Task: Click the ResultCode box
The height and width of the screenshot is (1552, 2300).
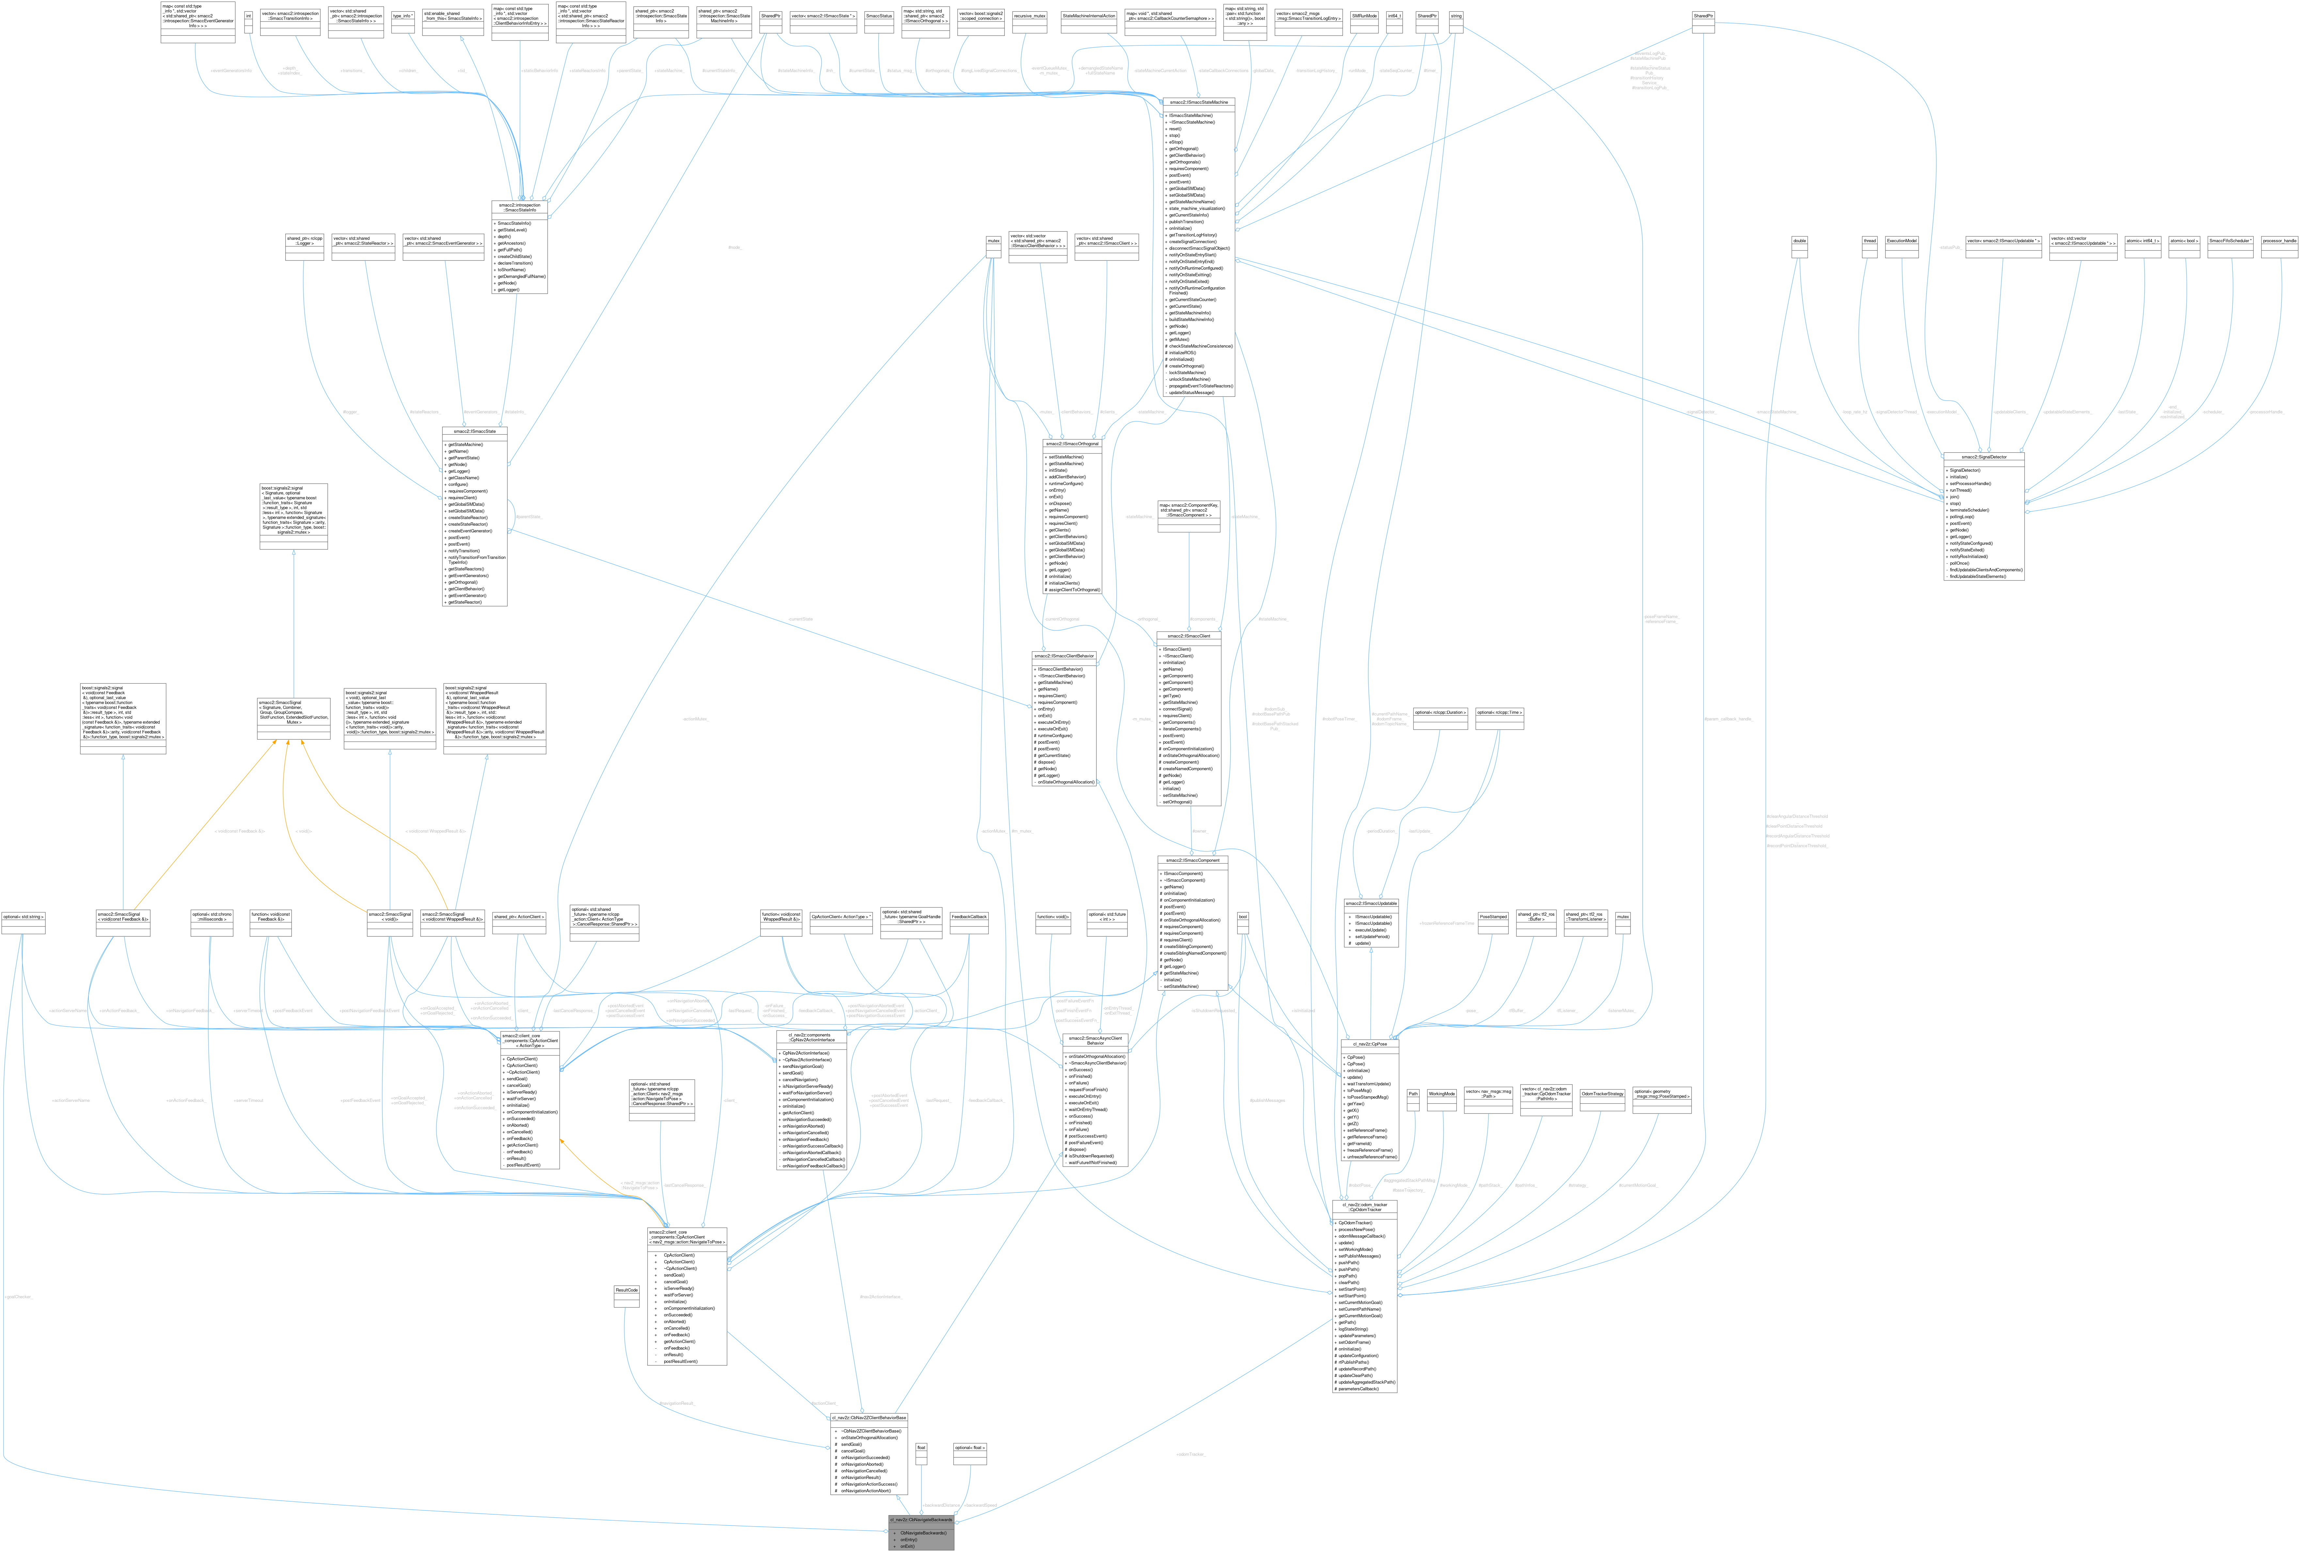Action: (x=626, y=1290)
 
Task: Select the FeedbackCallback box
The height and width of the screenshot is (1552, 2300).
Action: (x=969, y=917)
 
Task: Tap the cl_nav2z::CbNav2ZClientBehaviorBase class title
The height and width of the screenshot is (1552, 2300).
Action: (x=869, y=1417)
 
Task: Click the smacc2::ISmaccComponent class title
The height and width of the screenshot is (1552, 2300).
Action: (x=1192, y=860)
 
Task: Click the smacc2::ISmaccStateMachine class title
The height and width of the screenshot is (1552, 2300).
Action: (x=1199, y=102)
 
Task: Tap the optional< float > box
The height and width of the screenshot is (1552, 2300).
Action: (x=969, y=1447)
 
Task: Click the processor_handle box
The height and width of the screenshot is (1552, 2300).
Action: (x=2278, y=241)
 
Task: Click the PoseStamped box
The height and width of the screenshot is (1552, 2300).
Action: (x=1492, y=917)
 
